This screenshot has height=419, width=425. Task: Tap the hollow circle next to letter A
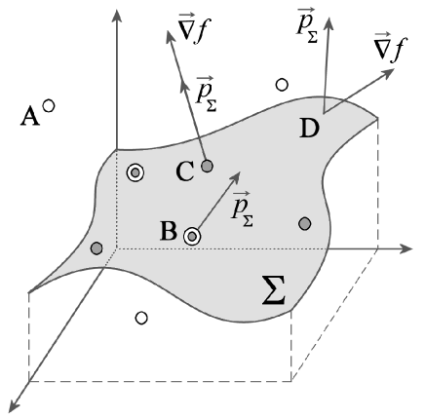click(x=49, y=108)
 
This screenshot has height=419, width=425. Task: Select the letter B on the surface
click(x=167, y=232)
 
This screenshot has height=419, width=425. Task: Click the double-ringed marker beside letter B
click(x=192, y=235)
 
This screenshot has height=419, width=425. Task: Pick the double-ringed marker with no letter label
click(x=135, y=173)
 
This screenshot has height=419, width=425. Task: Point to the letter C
click(x=183, y=172)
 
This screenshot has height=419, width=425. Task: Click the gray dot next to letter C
click(x=207, y=167)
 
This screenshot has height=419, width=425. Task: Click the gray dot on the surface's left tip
click(x=96, y=249)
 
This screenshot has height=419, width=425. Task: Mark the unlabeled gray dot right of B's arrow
click(x=305, y=224)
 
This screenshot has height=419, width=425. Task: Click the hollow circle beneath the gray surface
click(x=142, y=318)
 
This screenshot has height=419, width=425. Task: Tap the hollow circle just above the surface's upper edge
click(x=282, y=85)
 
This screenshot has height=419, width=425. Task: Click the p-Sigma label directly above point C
click(x=206, y=95)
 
